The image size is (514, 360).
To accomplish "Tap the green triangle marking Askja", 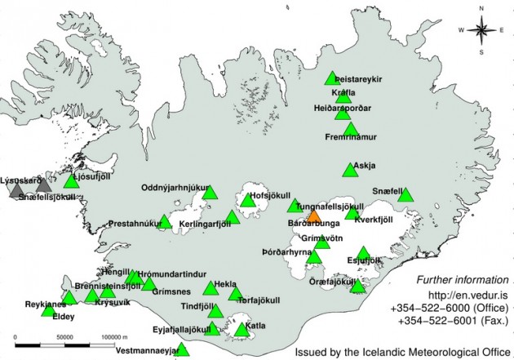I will point(350,170).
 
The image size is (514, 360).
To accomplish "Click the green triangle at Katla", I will point(242,330).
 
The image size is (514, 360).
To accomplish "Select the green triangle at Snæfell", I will point(405,194).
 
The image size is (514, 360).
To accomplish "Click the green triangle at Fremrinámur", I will point(351,129).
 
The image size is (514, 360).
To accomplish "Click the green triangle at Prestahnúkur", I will point(165,221).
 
